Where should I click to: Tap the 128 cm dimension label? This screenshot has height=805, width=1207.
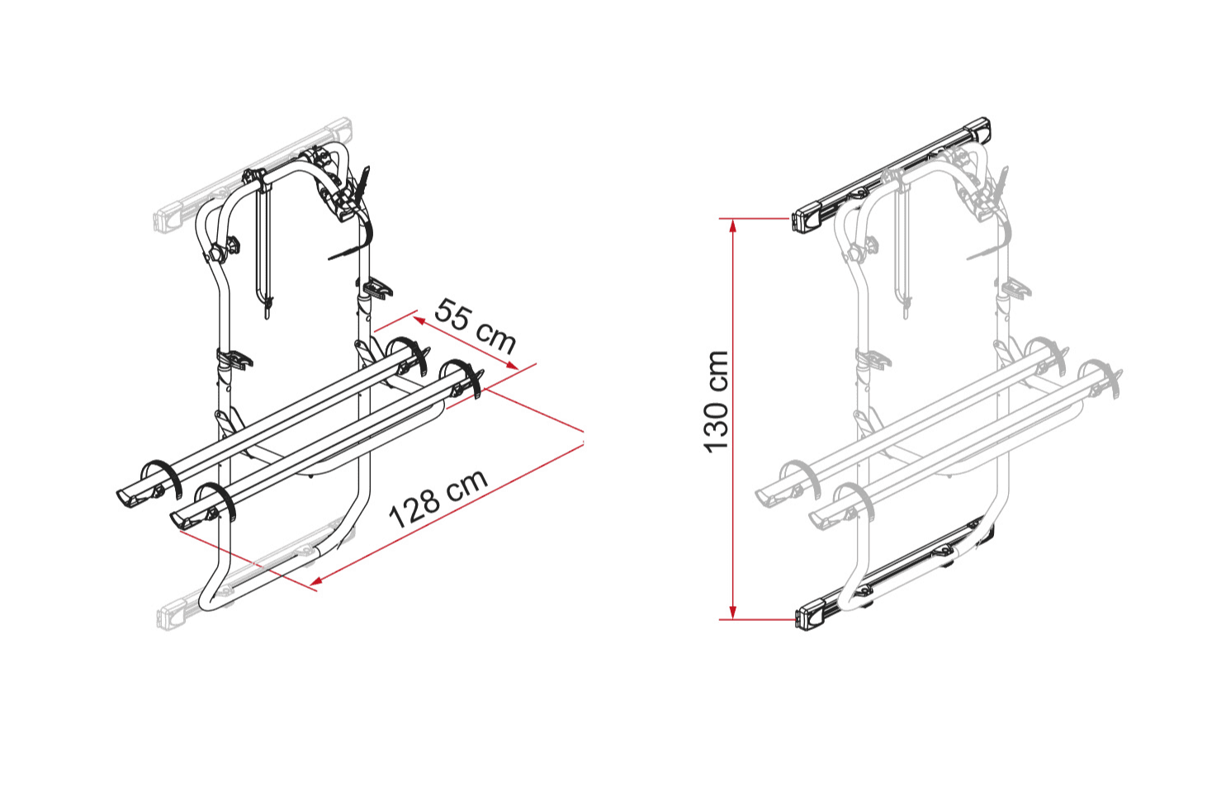click(x=438, y=499)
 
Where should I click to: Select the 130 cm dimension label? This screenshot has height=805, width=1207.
click(x=716, y=401)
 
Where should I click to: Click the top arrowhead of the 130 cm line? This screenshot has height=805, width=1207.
click(x=732, y=225)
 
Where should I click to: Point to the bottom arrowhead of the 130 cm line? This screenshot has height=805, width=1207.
click(x=732, y=613)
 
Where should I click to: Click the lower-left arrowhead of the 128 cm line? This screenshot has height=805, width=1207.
click(x=316, y=581)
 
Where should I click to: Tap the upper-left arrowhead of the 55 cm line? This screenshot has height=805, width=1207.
click(x=419, y=321)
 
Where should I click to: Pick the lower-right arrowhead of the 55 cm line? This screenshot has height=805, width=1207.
click(x=512, y=366)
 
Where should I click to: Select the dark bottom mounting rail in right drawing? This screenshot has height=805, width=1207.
click(x=894, y=574)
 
